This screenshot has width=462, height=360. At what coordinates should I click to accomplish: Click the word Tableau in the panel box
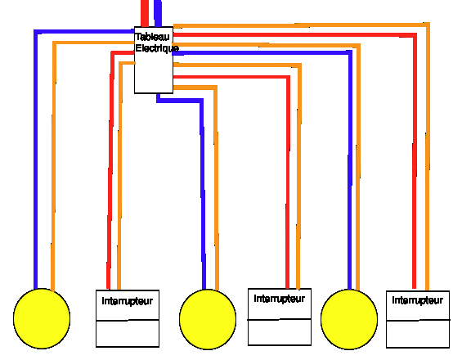(x=153, y=37)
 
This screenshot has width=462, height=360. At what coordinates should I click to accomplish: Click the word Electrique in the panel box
(x=157, y=48)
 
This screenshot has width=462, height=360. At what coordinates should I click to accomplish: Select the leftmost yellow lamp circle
(x=42, y=318)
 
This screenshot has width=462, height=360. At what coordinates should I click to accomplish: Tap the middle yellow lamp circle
(x=208, y=319)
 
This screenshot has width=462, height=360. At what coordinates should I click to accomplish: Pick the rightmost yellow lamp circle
(x=349, y=319)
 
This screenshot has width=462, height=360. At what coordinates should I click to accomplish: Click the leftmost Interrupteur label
(x=128, y=301)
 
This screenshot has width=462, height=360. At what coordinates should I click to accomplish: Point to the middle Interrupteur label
(x=280, y=299)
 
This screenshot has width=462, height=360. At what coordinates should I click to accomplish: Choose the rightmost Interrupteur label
(x=418, y=300)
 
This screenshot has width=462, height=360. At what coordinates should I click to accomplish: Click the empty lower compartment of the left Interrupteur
(x=128, y=334)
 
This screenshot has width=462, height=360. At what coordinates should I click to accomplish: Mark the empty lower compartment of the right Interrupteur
(x=418, y=334)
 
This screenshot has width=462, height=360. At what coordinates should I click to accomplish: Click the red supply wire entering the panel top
(x=145, y=13)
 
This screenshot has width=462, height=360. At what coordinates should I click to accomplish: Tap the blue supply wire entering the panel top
(x=158, y=13)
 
